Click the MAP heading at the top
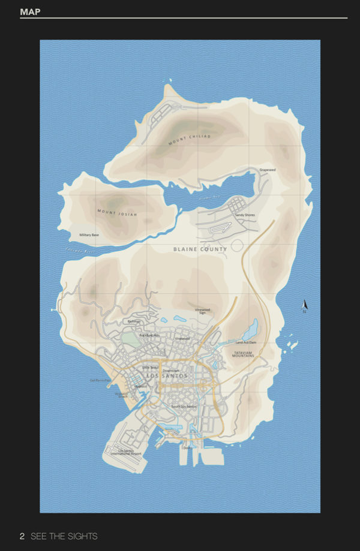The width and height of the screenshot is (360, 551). (30, 11)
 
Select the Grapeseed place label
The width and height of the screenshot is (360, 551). (268, 170)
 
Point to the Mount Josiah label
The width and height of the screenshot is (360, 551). (117, 212)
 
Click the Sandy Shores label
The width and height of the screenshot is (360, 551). (245, 215)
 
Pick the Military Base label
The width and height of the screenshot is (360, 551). (89, 235)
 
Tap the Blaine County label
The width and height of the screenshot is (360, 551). (200, 249)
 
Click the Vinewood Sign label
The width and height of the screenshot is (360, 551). (203, 311)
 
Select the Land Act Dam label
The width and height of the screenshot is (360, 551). (246, 342)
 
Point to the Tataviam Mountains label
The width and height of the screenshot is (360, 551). (244, 354)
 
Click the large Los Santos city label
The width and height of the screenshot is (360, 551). (167, 376)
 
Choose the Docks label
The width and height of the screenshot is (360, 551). (187, 447)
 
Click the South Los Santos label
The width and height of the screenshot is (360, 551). (184, 407)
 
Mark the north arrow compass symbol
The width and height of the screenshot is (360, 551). (304, 306)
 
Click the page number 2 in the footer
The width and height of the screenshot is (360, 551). (22, 536)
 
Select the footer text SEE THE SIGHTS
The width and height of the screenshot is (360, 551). (64, 536)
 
